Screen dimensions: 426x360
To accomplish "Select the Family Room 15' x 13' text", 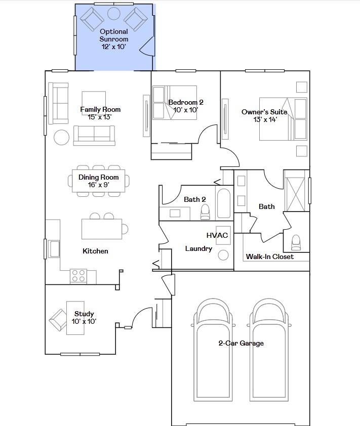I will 100,113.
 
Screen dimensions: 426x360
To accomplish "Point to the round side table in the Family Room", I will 62,138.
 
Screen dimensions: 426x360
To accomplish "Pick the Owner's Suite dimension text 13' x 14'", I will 265,119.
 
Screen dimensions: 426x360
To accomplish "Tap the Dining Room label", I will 99,177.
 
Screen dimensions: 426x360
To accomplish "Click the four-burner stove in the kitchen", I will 78,275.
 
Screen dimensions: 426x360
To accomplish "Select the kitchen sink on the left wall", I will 53,248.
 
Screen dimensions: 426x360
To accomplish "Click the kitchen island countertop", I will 101,229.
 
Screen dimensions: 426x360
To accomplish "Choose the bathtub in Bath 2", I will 223,203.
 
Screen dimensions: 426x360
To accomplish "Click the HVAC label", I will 217,235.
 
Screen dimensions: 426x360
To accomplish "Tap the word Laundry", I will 198,248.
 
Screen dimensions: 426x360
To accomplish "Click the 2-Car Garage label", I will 241,343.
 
